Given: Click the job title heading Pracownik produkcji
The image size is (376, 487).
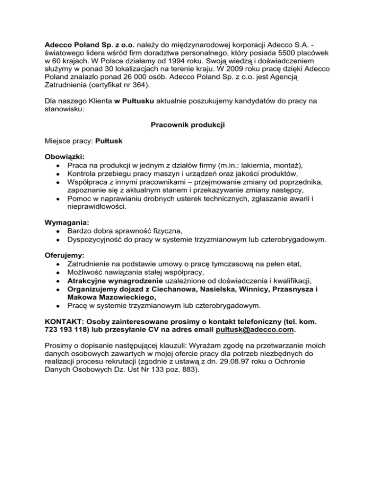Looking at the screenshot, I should [x=188, y=125].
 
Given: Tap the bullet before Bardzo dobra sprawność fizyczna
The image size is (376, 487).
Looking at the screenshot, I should [x=58, y=231].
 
